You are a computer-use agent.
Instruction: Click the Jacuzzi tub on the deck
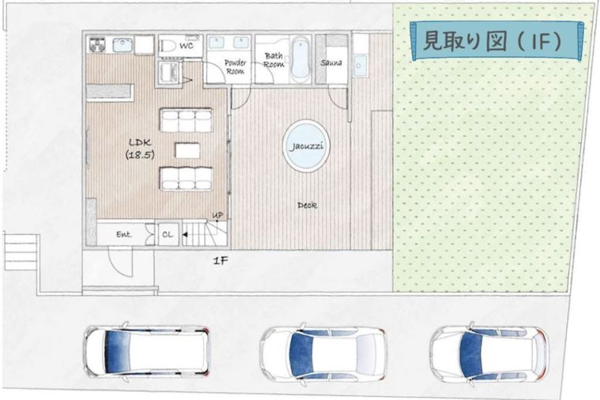(306, 146)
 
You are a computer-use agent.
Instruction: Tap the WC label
(187, 47)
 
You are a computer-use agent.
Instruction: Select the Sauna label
(332, 61)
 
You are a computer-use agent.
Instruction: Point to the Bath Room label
(274, 60)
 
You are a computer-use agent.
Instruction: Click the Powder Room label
(235, 66)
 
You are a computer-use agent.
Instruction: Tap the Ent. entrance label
(124, 235)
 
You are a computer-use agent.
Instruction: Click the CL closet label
(167, 235)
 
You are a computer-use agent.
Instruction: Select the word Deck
(307, 205)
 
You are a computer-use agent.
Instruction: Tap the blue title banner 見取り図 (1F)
(495, 40)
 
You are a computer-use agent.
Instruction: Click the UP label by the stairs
(218, 215)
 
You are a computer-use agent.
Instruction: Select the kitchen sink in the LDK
(122, 45)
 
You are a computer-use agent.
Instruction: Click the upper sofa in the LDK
(186, 120)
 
